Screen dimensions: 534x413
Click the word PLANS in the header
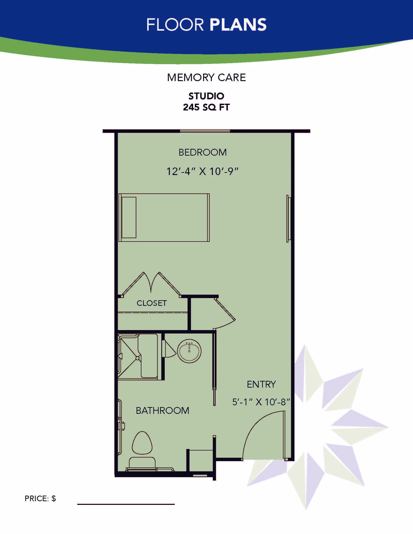click(238, 25)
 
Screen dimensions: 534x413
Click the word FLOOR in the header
click(175, 25)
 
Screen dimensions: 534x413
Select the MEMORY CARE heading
click(206, 78)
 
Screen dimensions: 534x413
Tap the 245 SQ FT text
click(206, 107)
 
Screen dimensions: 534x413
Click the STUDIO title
click(206, 96)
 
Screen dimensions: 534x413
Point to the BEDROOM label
click(203, 152)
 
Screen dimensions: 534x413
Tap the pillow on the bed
click(129, 217)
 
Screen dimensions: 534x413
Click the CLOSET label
click(152, 303)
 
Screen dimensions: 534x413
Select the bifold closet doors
click(151, 284)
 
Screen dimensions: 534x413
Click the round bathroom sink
click(189, 351)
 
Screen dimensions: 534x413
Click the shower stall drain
click(138, 358)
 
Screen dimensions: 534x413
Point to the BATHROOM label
click(162, 410)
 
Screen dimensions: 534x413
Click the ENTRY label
click(261, 384)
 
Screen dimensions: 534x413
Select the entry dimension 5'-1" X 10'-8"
click(261, 402)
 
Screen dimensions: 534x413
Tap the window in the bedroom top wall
click(205, 131)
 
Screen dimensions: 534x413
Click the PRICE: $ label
click(40, 498)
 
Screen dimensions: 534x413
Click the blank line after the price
click(126, 504)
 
